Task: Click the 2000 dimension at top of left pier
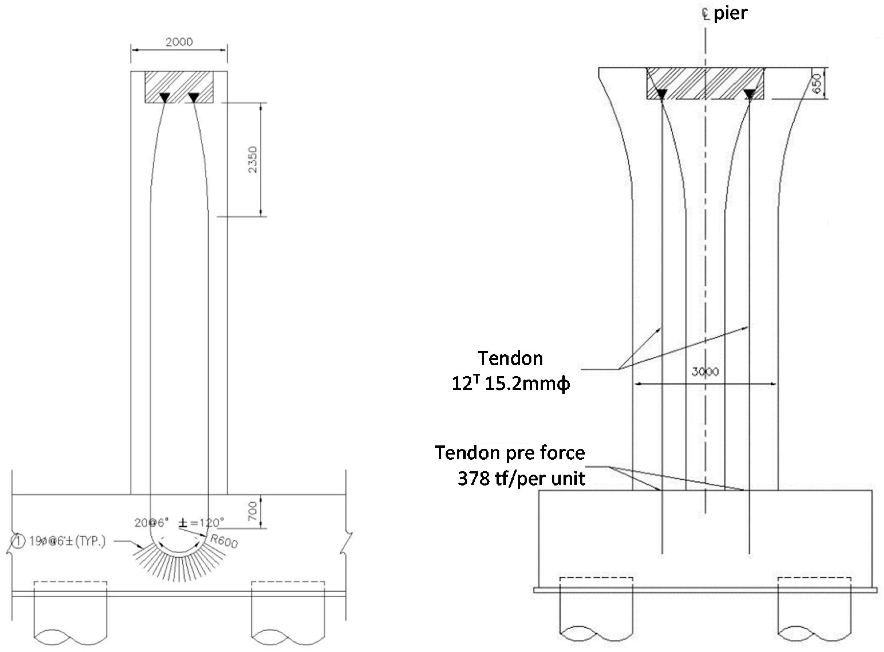179,42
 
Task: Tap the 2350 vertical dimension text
253,159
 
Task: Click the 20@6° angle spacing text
152,523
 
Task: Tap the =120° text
207,523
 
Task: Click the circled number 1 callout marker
19,541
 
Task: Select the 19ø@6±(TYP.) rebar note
68,541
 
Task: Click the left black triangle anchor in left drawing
165,97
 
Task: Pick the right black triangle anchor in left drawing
193,97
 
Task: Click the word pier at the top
731,13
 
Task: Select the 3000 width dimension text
705,372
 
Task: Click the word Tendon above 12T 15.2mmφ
510,358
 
